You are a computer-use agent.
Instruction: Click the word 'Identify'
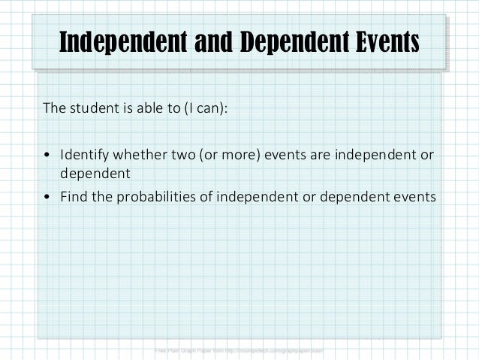[x=84, y=155]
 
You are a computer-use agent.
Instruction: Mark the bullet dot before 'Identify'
[x=47, y=156]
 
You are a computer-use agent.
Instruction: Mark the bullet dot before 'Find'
[x=47, y=198]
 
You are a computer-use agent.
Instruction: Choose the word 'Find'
[x=74, y=197]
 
